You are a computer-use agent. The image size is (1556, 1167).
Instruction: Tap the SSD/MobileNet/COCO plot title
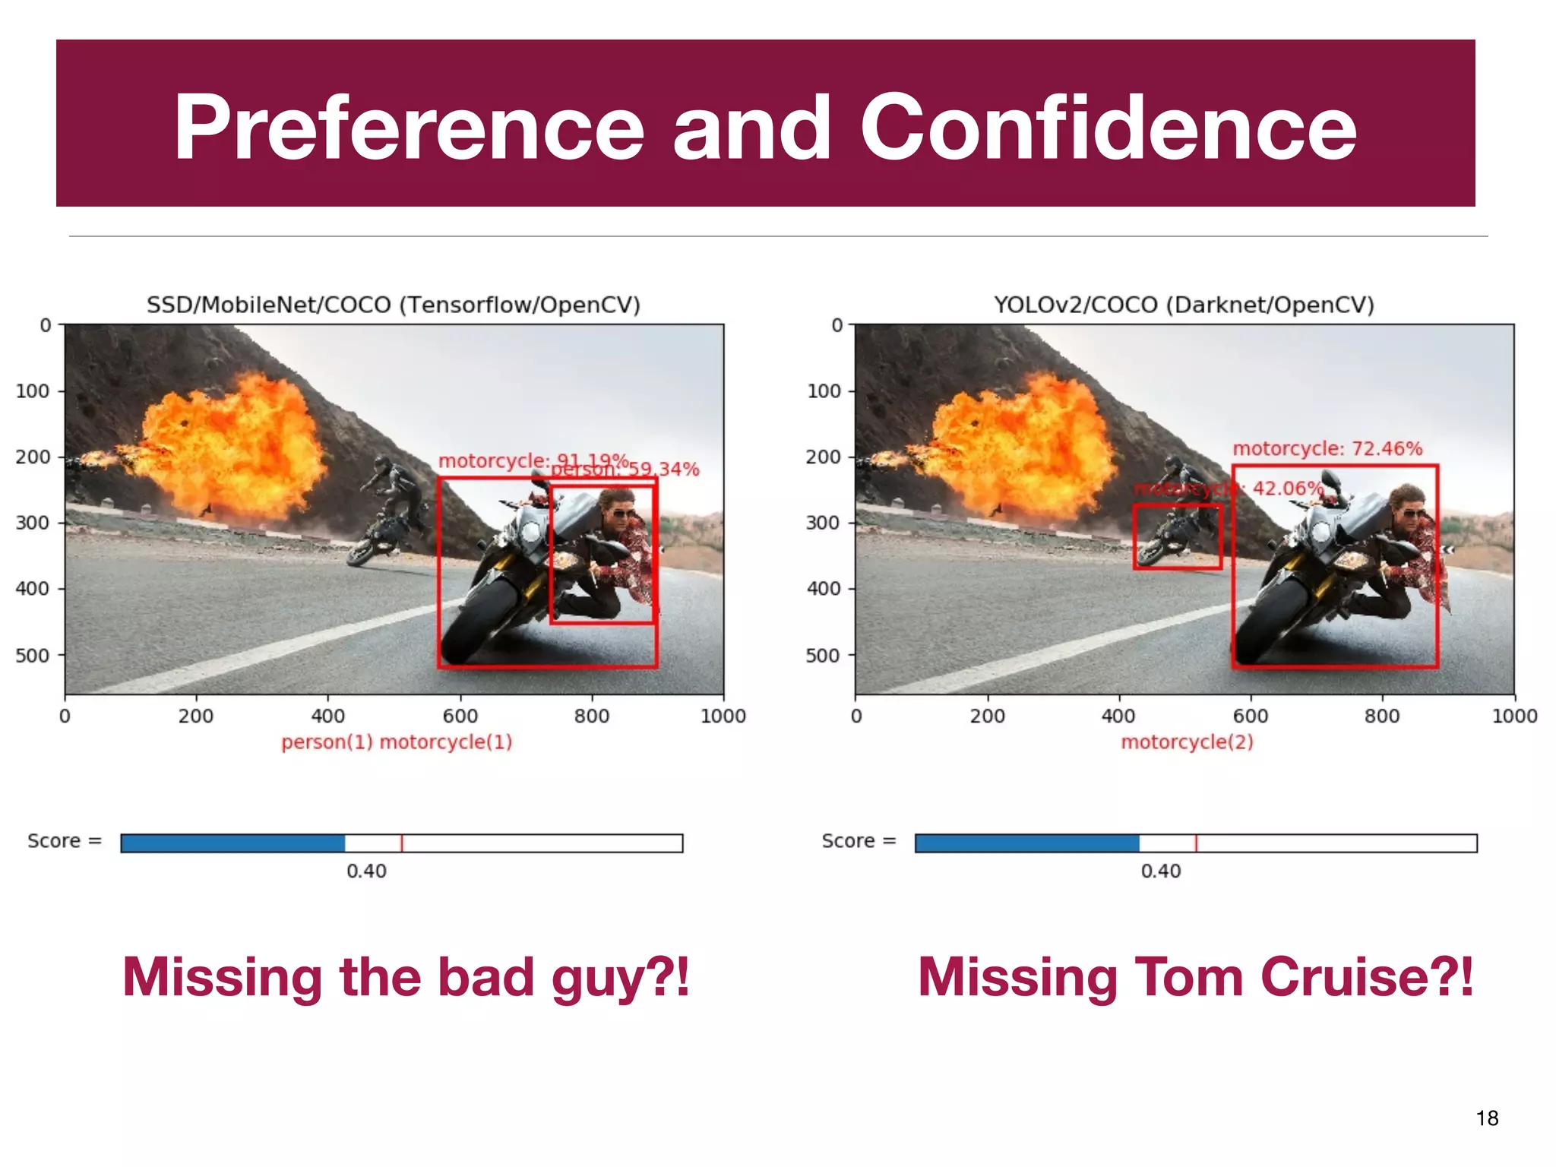[394, 305]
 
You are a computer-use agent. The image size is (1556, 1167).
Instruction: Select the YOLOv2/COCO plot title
[1184, 305]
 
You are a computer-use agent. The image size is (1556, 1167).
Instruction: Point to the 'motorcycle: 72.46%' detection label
[1327, 448]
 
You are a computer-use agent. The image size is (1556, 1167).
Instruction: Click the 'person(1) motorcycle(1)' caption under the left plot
[397, 742]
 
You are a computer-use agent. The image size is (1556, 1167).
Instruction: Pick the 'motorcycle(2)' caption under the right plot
[1187, 742]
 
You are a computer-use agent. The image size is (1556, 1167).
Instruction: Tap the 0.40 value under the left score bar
[366, 871]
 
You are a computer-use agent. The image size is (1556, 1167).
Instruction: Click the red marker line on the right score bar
[1196, 843]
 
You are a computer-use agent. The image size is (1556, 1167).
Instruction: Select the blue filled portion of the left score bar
[232, 843]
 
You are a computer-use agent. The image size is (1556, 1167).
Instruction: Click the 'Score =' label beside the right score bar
[859, 841]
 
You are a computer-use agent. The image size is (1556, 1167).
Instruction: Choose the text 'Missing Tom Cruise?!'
[1195, 977]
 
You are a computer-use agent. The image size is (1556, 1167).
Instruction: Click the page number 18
[1487, 1118]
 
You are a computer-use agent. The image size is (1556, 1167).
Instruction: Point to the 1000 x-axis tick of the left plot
[723, 716]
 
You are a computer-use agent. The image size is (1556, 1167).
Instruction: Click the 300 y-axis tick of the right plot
[823, 523]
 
